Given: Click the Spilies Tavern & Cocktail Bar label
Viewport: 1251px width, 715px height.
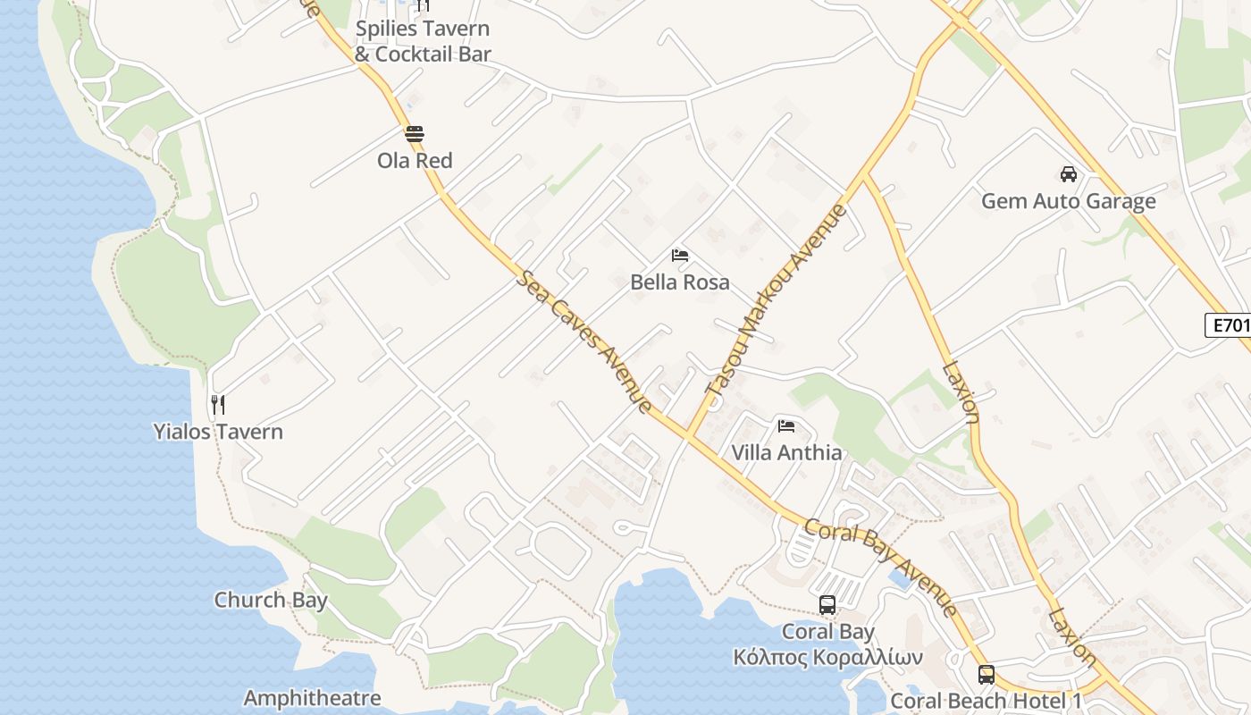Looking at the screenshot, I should click(423, 41).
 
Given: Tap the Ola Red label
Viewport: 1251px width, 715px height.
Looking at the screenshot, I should click(415, 161).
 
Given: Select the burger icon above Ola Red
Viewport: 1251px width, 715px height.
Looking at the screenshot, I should click(415, 135).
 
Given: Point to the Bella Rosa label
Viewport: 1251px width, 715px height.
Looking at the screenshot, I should click(680, 282).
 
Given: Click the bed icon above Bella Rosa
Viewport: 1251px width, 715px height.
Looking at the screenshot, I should click(680, 256).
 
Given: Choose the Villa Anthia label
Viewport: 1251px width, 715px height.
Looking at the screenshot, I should click(786, 452).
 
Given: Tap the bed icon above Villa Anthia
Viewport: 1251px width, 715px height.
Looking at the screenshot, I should click(786, 425).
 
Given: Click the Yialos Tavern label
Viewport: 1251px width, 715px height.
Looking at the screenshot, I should click(218, 432).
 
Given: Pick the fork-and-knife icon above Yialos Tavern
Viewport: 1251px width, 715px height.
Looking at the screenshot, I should click(217, 405).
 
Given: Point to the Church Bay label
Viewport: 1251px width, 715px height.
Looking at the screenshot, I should click(271, 600).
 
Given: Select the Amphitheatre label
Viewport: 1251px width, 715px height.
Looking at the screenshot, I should click(312, 698).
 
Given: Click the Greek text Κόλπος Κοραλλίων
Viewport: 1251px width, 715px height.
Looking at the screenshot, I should click(827, 658).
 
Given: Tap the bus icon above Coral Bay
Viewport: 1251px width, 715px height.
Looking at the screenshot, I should click(827, 605).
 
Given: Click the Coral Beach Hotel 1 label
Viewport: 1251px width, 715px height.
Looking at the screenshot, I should click(987, 701).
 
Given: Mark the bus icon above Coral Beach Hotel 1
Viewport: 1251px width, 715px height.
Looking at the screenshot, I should click(987, 675).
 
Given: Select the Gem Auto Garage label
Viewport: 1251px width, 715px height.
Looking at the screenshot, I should click(1068, 201).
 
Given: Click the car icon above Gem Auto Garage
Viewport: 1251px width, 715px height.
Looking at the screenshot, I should click(1068, 174).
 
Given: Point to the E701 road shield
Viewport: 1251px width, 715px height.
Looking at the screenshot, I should click(1228, 325).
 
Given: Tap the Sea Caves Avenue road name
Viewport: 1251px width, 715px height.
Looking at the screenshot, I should click(585, 342).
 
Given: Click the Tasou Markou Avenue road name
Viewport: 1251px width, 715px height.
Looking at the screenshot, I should click(776, 299).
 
